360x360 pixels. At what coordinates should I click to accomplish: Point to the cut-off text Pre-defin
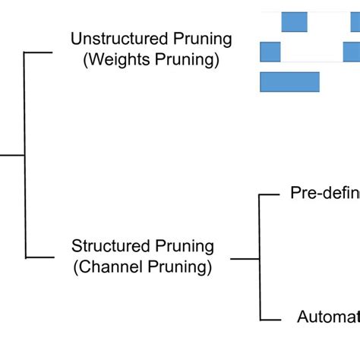(325, 194)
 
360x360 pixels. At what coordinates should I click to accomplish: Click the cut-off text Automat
(327, 317)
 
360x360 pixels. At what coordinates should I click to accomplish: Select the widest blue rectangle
(289, 82)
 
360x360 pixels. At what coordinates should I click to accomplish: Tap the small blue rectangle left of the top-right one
(294, 21)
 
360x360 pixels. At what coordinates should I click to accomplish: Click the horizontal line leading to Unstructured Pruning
(39, 52)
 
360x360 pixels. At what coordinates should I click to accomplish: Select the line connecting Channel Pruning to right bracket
(245, 259)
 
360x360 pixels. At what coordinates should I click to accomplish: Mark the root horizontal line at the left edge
(12, 155)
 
